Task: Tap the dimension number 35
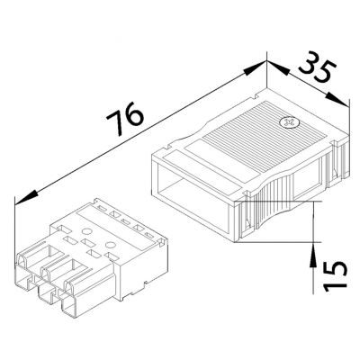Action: pos(318,67)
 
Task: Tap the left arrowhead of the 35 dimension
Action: pos(277,67)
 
